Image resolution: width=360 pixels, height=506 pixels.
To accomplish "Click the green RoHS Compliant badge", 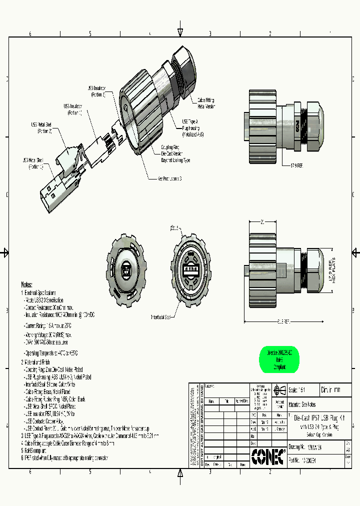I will coord(279,359).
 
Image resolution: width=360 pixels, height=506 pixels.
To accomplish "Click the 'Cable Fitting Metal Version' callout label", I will coord(206,103).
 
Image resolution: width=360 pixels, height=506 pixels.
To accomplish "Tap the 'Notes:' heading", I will coord(30,283).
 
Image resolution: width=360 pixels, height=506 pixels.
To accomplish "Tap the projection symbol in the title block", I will coord(279,389).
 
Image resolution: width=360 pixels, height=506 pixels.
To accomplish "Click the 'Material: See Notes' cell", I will coord(302,404).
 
